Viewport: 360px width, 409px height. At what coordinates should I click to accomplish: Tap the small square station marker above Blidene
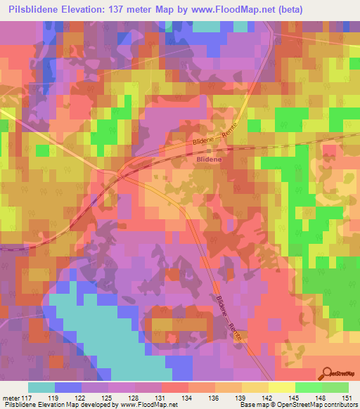209,150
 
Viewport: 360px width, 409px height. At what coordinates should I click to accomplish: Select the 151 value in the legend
348,398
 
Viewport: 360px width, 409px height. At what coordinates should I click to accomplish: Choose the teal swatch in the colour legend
41,387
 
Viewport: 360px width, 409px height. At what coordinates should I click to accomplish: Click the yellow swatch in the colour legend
281,387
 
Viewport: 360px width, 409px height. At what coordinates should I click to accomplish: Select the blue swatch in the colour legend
68,387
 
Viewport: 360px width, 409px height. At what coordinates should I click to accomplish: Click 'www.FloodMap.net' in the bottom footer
148,405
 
